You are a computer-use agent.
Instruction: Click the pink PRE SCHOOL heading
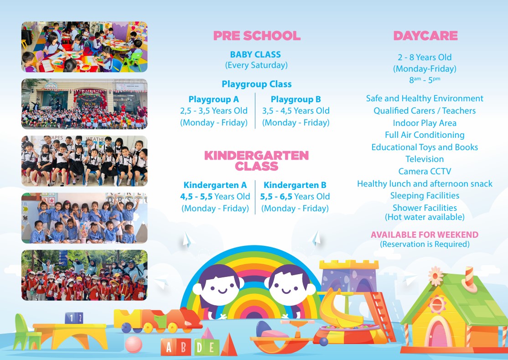(x=257, y=36)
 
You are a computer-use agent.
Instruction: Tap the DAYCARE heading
(x=425, y=36)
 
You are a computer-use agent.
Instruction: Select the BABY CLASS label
(x=255, y=54)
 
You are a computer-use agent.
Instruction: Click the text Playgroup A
(x=213, y=99)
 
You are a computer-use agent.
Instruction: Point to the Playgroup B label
(x=295, y=99)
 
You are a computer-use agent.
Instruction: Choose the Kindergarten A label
(x=215, y=185)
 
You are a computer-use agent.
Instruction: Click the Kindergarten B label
(x=295, y=185)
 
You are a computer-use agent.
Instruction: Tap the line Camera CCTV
(x=425, y=171)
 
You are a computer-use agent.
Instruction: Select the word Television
(x=425, y=159)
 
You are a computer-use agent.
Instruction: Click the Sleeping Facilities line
(x=425, y=195)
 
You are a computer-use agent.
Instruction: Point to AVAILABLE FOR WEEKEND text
(x=425, y=235)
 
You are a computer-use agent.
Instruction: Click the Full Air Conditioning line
(x=425, y=135)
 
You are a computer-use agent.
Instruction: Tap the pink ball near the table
(x=133, y=344)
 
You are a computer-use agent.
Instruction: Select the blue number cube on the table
(x=74, y=318)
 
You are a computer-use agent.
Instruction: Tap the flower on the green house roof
(x=435, y=276)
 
